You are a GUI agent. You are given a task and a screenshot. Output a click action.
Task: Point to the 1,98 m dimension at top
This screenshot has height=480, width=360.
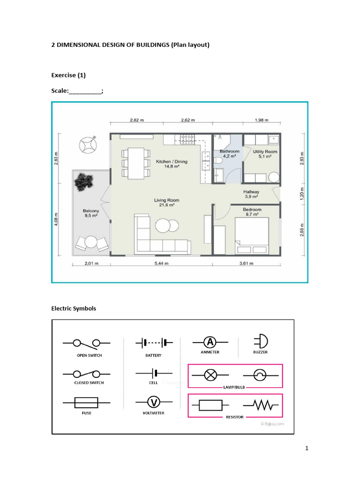262,120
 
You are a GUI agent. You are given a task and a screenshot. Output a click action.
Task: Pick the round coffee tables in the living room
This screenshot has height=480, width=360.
167,226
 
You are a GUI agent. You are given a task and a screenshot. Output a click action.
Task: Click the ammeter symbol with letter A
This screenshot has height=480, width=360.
210,342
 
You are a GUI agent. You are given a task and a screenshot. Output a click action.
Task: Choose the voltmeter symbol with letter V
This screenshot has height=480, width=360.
154,403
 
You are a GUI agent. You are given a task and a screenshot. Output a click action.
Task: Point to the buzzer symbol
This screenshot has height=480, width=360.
260,342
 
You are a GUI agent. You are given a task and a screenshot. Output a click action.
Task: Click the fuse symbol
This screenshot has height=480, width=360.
86,403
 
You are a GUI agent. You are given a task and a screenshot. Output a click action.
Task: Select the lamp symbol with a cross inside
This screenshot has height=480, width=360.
210,375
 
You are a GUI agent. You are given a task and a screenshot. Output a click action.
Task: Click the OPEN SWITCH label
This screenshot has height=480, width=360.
89,355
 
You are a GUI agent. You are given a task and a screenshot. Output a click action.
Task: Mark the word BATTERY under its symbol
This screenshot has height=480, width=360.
153,355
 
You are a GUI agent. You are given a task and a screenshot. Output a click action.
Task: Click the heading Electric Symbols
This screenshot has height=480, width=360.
74,308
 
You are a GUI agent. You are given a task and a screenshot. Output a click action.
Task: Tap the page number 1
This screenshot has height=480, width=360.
307,449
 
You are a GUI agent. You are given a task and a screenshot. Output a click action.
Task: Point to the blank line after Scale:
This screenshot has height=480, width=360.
85,91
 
